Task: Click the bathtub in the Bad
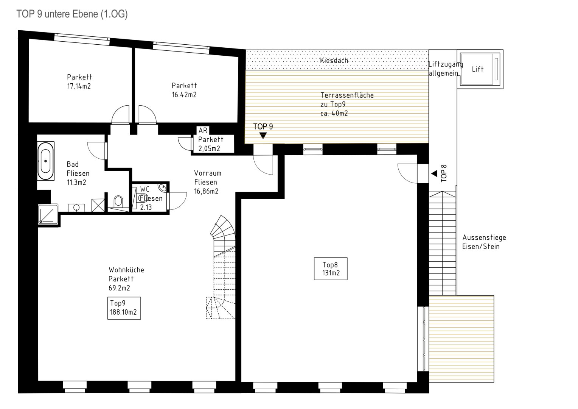[x=46, y=161]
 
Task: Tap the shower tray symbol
[x=48, y=214]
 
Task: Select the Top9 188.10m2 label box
[x=124, y=308]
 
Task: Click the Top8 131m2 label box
[x=331, y=269]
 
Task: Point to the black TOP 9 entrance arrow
[x=263, y=136]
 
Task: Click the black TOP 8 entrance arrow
[x=434, y=173]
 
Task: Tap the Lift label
[x=478, y=69]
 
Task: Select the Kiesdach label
[x=334, y=61]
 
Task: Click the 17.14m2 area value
[x=79, y=86]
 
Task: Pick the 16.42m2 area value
[x=184, y=95]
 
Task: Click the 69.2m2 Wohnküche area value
[x=119, y=288]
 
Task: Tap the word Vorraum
[x=208, y=173]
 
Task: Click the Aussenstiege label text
[x=484, y=237]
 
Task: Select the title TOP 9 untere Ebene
[x=72, y=14]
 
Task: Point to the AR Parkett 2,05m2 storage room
[x=214, y=144]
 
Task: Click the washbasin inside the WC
[x=162, y=187]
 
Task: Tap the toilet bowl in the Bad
[x=118, y=201]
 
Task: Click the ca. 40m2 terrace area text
[x=334, y=113]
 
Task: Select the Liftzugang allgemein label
[x=445, y=69]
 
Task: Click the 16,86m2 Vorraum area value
[x=206, y=191]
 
